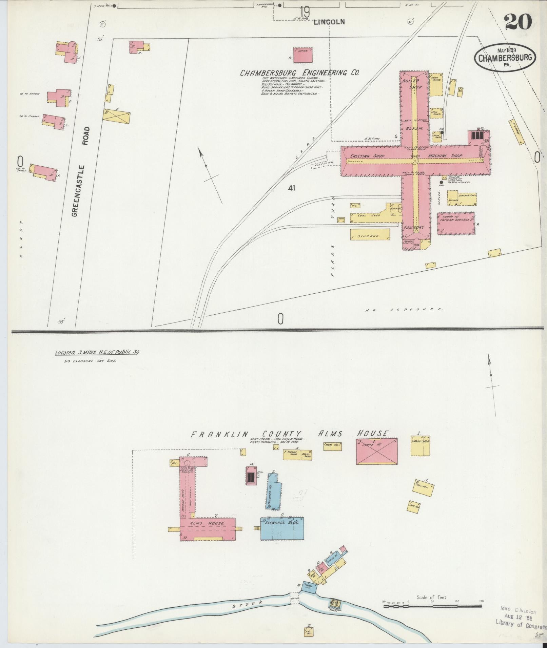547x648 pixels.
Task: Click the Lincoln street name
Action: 329,22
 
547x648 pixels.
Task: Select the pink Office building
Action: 303,55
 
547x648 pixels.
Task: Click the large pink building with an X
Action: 376,451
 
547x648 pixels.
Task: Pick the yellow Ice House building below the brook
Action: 308,632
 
